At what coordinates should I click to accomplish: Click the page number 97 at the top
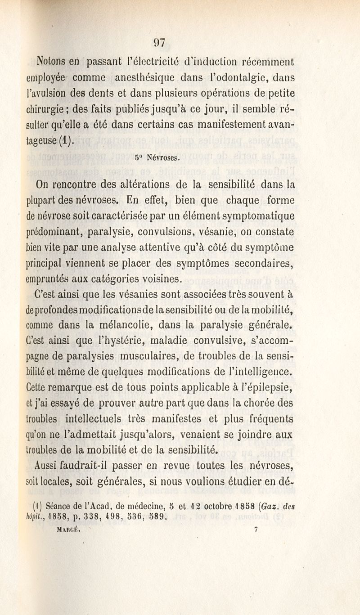point(159,43)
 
